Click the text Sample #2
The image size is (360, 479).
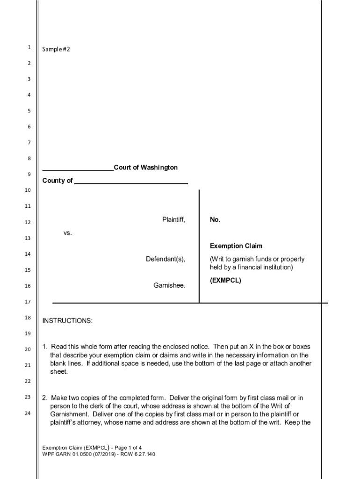56,49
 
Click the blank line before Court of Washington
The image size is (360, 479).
78,169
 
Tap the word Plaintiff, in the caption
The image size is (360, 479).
173,219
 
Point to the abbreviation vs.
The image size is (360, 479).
68,232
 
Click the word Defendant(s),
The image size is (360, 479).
166,259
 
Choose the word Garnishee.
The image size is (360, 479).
169,285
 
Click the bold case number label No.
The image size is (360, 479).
215,219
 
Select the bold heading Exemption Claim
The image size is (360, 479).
236,246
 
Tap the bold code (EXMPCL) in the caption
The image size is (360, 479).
225,281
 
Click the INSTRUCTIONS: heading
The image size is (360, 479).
68,321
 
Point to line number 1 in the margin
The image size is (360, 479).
29,47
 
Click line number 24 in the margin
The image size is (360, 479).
28,413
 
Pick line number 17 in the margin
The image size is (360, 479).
28,302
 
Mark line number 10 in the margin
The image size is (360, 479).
28,190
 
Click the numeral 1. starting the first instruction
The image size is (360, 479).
45,347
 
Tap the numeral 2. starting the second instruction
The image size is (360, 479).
45,398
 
